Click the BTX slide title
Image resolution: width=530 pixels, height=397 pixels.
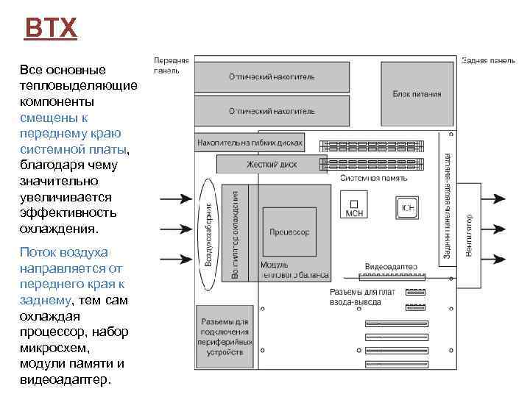point(50,29)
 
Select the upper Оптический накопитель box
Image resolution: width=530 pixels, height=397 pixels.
point(271,76)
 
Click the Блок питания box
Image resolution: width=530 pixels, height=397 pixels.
point(417,93)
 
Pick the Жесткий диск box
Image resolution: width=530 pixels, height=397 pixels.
point(272,164)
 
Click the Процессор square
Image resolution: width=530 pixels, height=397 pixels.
point(289,232)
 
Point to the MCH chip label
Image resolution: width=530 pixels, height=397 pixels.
point(354,213)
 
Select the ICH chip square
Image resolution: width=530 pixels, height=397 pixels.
point(407,207)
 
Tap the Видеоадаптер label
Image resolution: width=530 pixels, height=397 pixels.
point(391,266)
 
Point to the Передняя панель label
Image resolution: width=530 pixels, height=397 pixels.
point(171,65)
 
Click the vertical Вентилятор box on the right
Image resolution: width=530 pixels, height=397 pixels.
point(469,237)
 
